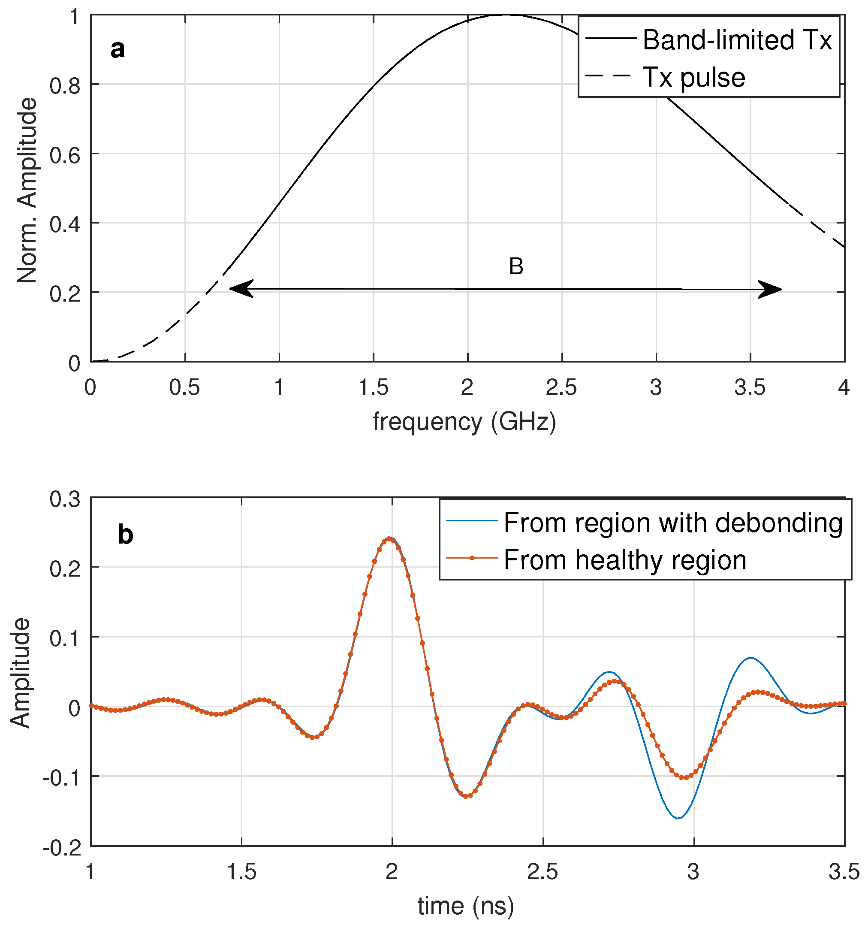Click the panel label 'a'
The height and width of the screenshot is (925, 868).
click(118, 49)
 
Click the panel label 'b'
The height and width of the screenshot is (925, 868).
click(125, 535)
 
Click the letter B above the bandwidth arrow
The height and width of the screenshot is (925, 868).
click(516, 266)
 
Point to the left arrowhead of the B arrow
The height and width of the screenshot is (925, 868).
click(241, 289)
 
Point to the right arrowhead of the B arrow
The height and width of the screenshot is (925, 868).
click(770, 290)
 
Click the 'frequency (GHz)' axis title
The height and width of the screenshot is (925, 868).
click(464, 422)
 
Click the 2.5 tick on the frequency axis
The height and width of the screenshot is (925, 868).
click(561, 387)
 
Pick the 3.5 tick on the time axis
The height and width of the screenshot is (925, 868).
click(844, 872)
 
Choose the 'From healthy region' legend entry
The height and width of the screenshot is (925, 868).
click(625, 560)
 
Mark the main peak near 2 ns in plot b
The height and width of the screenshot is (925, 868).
click(390, 538)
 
